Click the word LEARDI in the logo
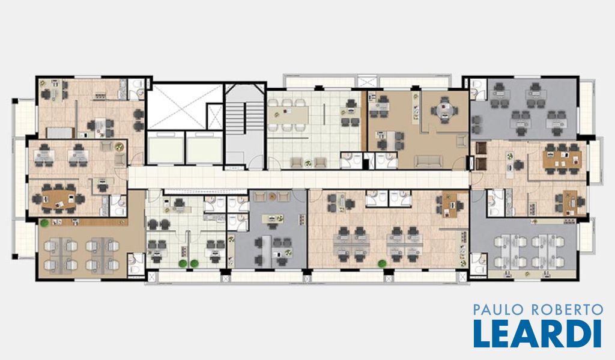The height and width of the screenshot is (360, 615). pyautogui.click(x=538, y=334)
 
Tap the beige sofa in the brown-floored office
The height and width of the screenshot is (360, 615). pyautogui.click(x=429, y=161)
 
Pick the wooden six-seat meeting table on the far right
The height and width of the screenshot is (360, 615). pyautogui.click(x=562, y=159)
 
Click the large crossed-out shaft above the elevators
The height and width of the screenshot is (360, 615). pyautogui.click(x=185, y=106)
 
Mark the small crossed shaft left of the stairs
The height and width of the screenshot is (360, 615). pyautogui.click(x=214, y=116)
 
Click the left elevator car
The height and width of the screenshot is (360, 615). pyautogui.click(x=165, y=148)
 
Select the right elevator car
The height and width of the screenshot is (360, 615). pyautogui.click(x=204, y=148)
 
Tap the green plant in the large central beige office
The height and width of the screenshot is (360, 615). pyautogui.click(x=382, y=264)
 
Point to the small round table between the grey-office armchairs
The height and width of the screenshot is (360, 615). pyautogui.click(x=272, y=197)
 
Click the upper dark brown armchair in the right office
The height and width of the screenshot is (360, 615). pyautogui.click(x=481, y=148)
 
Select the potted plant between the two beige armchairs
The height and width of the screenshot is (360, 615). pyautogui.click(x=308, y=162)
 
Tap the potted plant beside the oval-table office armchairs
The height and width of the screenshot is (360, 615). pyautogui.click(x=119, y=148)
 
